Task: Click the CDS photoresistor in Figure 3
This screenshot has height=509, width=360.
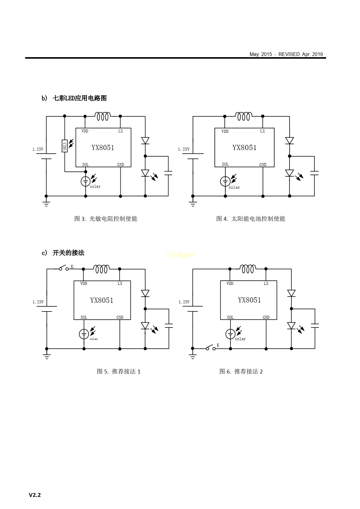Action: coord(64,146)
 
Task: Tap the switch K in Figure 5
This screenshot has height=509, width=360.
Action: coord(64,268)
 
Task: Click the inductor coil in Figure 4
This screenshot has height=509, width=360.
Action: coord(244,116)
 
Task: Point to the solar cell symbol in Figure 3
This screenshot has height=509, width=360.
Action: coord(86,181)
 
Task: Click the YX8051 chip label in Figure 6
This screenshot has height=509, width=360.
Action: coord(249,300)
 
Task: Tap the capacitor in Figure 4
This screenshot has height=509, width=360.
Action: coord(314,173)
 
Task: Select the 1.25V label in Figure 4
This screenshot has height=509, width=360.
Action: coord(184,149)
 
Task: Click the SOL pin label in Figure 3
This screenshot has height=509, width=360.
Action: coord(85,165)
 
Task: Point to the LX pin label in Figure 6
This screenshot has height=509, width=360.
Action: coord(266,284)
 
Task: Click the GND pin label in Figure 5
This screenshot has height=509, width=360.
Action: coord(120,318)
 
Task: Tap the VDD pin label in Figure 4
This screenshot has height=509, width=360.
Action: coord(225,131)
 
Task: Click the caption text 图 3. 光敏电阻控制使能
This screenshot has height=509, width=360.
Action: coord(106,219)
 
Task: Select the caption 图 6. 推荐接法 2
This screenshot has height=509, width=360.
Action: coord(241,371)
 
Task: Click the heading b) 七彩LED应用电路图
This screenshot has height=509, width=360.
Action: coord(74,98)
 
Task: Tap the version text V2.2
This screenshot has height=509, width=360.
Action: coord(35,495)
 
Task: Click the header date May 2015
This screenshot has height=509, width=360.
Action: coord(260,54)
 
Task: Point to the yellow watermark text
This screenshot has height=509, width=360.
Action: coord(180,256)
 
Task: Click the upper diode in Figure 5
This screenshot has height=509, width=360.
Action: coord(145,293)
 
